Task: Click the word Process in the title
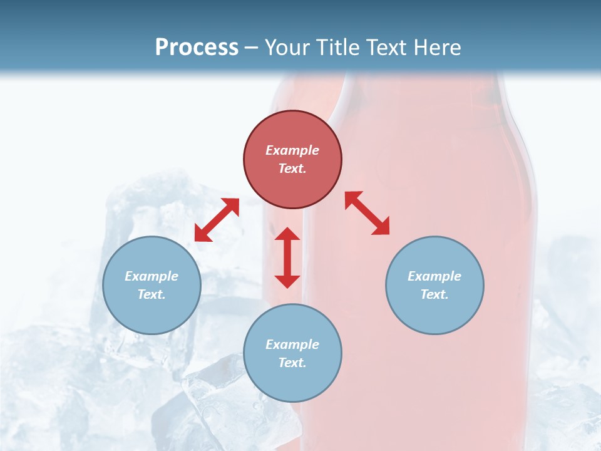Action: [197, 48]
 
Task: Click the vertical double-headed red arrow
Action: [287, 257]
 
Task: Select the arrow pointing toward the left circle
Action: [217, 220]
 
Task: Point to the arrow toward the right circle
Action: [367, 213]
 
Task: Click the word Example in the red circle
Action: [292, 150]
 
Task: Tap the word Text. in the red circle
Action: [292, 168]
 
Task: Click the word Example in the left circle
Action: [152, 276]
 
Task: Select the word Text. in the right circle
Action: [434, 294]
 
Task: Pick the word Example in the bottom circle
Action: [292, 345]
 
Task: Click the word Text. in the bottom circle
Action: [292, 363]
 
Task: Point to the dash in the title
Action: [251, 48]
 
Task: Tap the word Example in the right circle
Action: [434, 276]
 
